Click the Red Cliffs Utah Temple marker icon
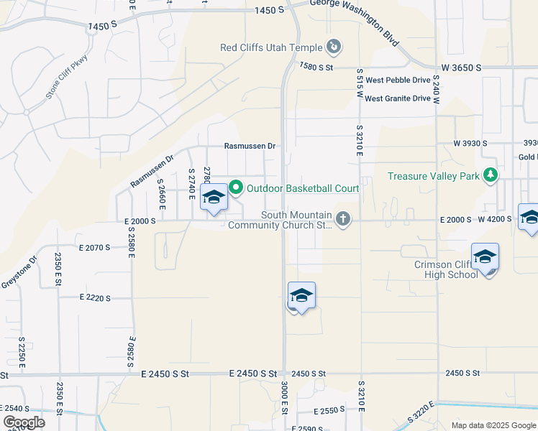[333, 48]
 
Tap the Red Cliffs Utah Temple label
[271, 49]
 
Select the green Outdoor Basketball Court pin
[236, 189]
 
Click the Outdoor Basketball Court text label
[302, 189]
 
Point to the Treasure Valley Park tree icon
[490, 175]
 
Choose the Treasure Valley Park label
[434, 176]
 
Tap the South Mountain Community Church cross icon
[343, 219]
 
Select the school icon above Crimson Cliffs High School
[485, 256]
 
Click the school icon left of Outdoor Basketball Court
[214, 198]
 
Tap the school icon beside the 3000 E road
[301, 295]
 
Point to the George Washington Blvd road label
[355, 20]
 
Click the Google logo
[23, 422]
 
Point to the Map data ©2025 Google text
[493, 425]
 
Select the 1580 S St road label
[316, 67]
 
